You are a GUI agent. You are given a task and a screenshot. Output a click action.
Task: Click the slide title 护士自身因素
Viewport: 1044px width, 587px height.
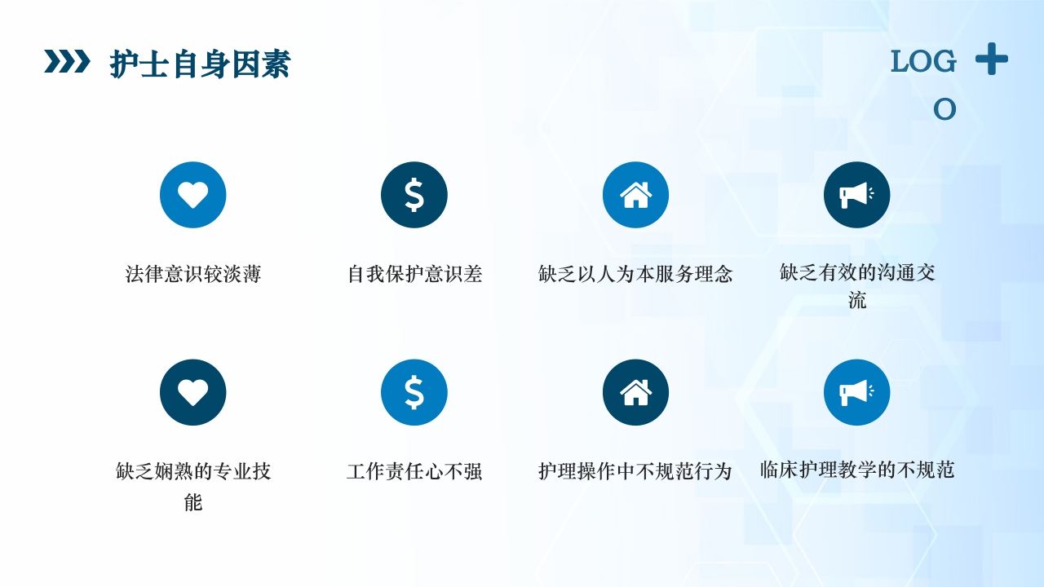[200, 64]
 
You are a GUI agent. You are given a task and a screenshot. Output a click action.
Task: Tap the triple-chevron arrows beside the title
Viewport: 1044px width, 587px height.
[67, 61]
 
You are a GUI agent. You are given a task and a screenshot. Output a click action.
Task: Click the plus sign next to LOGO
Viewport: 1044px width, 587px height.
[991, 59]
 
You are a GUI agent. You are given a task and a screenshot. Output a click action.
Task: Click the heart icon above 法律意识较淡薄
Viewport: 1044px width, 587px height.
[193, 195]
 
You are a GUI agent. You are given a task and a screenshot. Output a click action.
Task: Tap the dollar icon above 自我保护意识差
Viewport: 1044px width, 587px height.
[414, 195]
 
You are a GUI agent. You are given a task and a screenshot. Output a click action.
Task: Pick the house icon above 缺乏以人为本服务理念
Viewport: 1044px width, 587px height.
[635, 195]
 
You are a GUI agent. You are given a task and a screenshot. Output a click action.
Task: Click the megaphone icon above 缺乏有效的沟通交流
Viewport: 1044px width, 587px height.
[856, 195]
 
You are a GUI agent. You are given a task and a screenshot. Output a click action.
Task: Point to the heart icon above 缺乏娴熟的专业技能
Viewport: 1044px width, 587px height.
[193, 392]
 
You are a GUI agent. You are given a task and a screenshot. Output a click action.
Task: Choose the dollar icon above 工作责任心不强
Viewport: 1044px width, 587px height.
[414, 392]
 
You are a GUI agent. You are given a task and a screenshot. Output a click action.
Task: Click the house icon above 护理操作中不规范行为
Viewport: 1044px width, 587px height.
[635, 392]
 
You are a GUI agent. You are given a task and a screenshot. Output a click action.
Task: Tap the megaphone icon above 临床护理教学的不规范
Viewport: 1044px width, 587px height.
[856, 392]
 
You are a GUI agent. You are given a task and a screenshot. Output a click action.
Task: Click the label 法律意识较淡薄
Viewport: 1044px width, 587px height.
[193, 274]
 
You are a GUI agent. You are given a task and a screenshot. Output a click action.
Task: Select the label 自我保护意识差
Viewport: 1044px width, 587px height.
[414, 274]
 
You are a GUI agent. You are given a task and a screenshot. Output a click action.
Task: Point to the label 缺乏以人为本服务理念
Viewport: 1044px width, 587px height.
[635, 274]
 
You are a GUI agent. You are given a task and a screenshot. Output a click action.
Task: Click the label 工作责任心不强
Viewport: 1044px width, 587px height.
[414, 471]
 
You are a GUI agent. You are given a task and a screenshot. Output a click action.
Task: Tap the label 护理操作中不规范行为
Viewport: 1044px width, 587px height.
[635, 471]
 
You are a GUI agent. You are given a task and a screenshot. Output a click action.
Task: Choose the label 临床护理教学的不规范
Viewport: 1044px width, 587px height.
[856, 470]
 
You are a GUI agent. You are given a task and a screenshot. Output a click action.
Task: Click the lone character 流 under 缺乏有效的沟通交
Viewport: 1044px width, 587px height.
[856, 301]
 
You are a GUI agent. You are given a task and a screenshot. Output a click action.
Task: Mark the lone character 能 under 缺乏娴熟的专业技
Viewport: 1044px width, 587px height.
[193, 502]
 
